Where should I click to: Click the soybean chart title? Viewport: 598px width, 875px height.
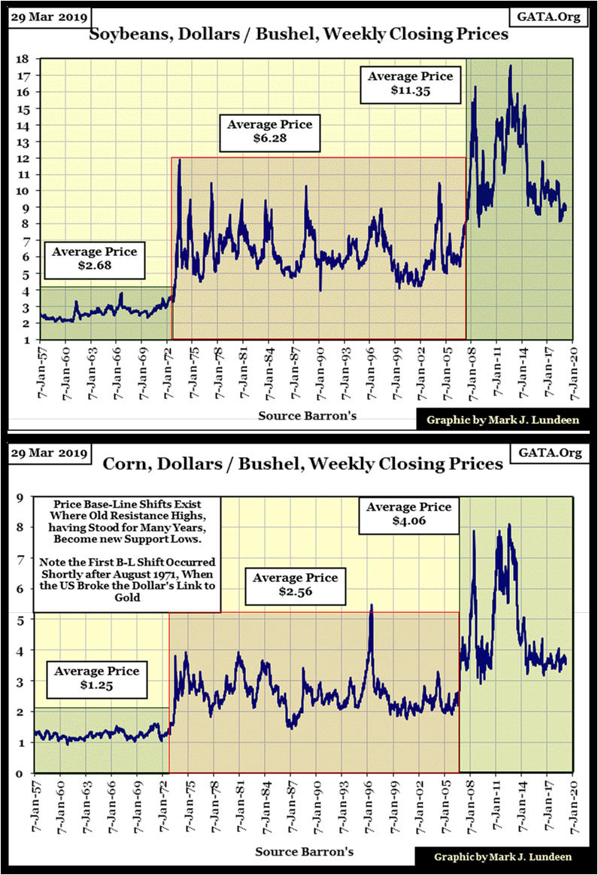[299, 35]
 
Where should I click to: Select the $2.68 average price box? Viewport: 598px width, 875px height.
[95, 259]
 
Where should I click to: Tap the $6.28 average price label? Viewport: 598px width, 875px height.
[269, 132]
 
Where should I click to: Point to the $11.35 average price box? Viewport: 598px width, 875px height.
[410, 84]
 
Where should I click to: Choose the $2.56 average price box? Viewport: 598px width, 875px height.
[296, 585]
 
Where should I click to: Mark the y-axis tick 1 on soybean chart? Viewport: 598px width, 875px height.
[24, 340]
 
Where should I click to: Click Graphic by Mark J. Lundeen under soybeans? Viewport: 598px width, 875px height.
[503, 420]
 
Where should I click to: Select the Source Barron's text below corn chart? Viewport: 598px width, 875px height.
[305, 851]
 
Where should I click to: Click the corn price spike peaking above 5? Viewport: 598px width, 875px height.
[371, 610]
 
